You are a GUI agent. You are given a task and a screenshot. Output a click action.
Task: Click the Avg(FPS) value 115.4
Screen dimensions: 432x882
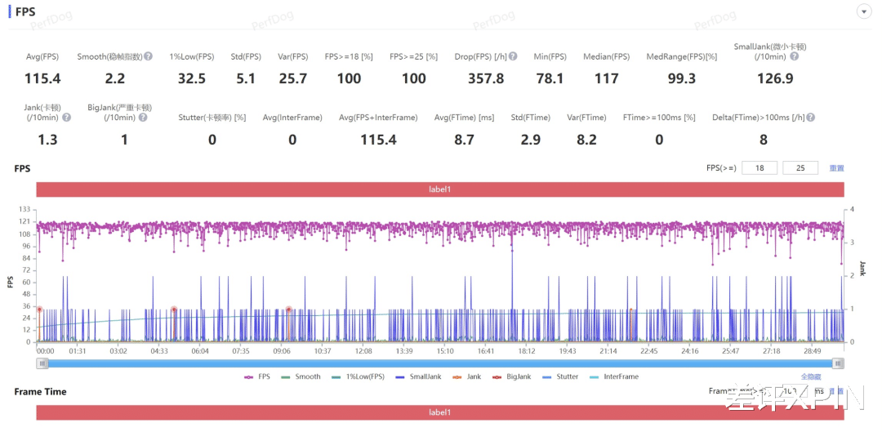(43, 78)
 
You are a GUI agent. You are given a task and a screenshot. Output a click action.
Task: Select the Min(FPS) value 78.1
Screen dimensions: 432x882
(549, 78)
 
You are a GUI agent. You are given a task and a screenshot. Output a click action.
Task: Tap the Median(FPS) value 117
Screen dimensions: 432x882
(606, 78)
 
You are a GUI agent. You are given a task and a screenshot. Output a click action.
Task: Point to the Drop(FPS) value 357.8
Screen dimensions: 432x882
(486, 78)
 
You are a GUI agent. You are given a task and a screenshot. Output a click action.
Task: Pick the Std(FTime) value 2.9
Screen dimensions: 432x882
(531, 140)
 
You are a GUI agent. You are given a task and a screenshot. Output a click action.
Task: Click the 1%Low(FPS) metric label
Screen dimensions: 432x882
(192, 56)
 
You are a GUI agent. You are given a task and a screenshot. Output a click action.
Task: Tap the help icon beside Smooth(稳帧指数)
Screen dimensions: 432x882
(149, 56)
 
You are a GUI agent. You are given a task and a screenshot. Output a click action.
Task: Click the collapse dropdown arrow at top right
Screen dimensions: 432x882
(863, 11)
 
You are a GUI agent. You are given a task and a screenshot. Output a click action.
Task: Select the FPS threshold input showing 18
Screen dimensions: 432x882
(759, 168)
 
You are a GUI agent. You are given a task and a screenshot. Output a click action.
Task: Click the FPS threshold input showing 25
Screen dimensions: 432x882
(800, 168)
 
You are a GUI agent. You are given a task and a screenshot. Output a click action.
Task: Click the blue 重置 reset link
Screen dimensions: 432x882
(836, 168)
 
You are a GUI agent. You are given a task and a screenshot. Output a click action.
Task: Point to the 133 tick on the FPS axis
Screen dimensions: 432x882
(24, 210)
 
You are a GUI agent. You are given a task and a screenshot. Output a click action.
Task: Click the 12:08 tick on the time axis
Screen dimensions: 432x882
(363, 350)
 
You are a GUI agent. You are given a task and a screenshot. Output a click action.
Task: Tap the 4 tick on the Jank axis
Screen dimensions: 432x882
(852, 210)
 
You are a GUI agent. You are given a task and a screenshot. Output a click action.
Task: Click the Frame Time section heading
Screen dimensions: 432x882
(40, 392)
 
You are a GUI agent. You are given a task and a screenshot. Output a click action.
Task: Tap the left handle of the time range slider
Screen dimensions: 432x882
(42, 363)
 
